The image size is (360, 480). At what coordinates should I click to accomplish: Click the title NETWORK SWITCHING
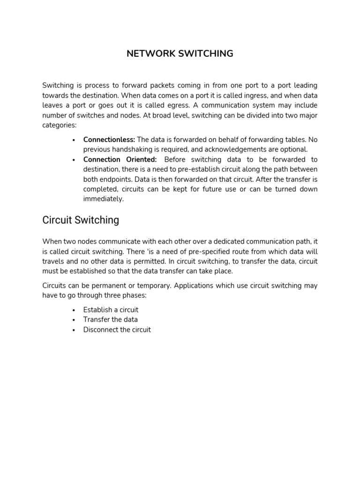click(x=180, y=53)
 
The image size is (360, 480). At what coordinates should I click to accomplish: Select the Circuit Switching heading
click(x=81, y=220)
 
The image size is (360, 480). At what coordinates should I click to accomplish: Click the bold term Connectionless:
click(x=109, y=140)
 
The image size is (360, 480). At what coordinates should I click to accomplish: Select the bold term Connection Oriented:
click(x=120, y=159)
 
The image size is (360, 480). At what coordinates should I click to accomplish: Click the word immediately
click(x=104, y=199)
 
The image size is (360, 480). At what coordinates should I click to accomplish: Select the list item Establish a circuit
click(x=111, y=310)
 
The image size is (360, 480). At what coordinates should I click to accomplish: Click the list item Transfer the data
click(x=110, y=320)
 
